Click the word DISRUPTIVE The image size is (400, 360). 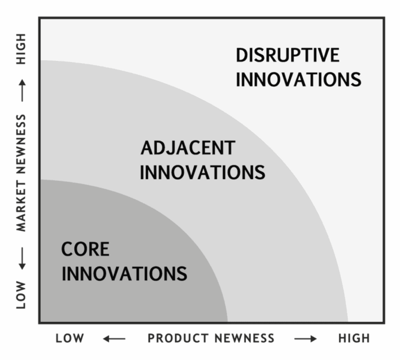[287, 55]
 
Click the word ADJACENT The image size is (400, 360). [188, 148]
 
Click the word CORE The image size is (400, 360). [86, 249]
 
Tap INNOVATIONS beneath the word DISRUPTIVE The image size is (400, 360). [298, 79]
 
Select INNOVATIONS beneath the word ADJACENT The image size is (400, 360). [202, 172]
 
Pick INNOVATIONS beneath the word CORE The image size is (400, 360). [125, 273]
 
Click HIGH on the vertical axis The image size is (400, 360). [21, 49]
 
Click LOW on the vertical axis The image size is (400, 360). [21, 295]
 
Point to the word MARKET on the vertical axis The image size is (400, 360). [21, 206]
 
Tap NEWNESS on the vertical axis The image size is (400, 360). [21, 144]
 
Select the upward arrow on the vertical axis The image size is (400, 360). [22, 91]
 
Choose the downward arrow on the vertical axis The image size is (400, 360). [22, 258]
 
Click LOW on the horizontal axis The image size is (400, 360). [70, 338]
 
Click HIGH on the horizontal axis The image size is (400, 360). [354, 338]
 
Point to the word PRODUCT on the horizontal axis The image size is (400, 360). [177, 338]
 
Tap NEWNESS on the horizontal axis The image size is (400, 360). [244, 338]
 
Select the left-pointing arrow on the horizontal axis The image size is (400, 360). [114, 339]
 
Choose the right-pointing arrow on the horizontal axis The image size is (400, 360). [305, 339]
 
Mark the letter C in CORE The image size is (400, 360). [67, 249]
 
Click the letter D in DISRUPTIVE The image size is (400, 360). [241, 55]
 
